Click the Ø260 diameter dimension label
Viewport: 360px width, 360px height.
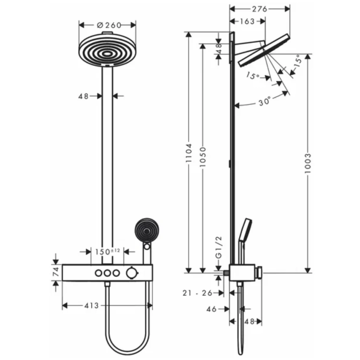[x=108, y=25]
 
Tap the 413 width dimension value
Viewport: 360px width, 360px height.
[x=91, y=306]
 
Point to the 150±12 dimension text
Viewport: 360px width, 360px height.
[x=108, y=252]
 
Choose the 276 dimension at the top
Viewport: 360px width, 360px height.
[x=260, y=9]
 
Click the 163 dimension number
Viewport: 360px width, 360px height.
[x=247, y=22]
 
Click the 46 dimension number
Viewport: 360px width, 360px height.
[x=212, y=309]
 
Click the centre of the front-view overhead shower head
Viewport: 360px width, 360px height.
[x=107, y=53]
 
